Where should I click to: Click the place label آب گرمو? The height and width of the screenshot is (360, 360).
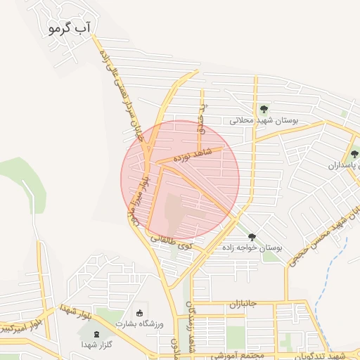pos(72,27)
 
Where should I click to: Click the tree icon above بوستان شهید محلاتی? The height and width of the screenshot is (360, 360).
pos(264,109)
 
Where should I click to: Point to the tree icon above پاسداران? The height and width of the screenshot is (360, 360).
pos(354,154)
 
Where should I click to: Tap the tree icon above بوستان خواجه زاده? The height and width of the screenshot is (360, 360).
pos(252,237)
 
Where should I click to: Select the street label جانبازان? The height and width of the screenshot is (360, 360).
pos(243,304)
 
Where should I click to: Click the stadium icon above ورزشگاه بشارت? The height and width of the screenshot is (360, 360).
pos(139,312)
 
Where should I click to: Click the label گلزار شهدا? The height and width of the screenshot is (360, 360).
pos(94,345)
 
